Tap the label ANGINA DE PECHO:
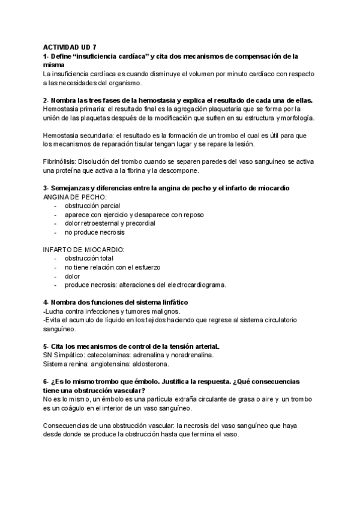pyautogui.click(x=75, y=197)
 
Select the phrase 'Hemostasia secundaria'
pyautogui.click(x=79, y=136)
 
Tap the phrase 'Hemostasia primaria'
pyautogui.click(x=75, y=109)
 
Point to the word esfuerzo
pyautogui.click(x=145, y=267)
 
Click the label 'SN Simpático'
pyautogui.click(x=63, y=355)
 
